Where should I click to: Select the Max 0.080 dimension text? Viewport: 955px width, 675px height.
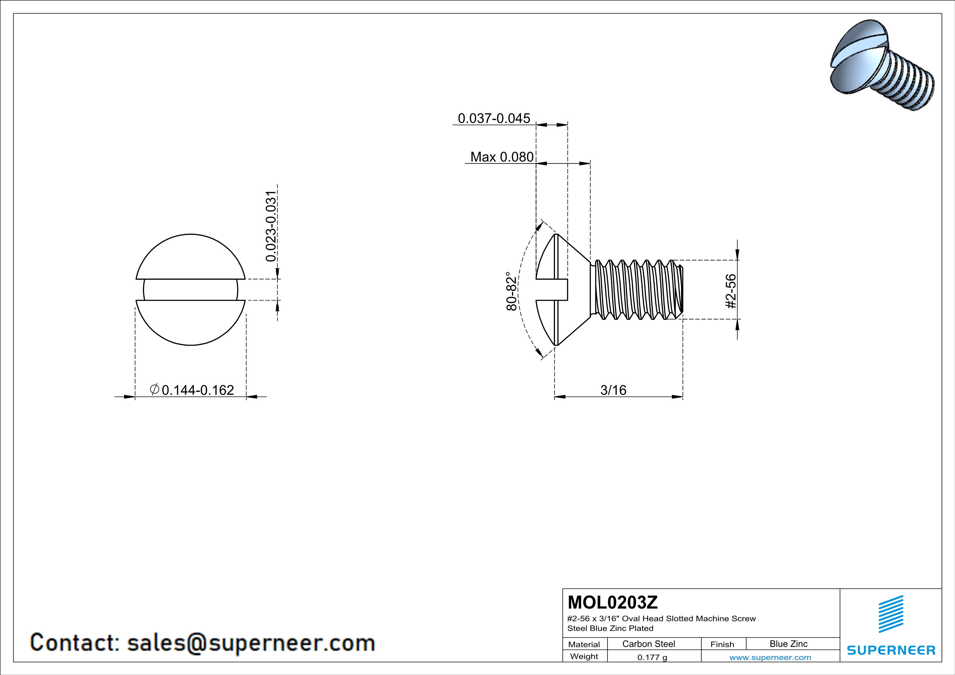(502, 157)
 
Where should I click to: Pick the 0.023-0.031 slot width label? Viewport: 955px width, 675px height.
(271, 226)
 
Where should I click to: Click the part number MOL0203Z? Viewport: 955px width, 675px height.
(613, 602)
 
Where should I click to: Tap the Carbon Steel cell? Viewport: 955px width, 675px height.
(648, 644)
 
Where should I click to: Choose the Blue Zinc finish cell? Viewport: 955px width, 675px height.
(788, 644)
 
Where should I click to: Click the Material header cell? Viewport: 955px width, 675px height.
(584, 644)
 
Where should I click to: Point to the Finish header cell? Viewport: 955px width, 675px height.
(722, 644)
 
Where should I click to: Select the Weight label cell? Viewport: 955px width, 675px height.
(584, 657)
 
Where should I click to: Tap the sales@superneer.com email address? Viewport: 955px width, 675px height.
(251, 643)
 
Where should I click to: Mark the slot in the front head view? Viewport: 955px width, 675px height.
(191, 290)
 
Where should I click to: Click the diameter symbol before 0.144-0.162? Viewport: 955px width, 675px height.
(154, 389)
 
